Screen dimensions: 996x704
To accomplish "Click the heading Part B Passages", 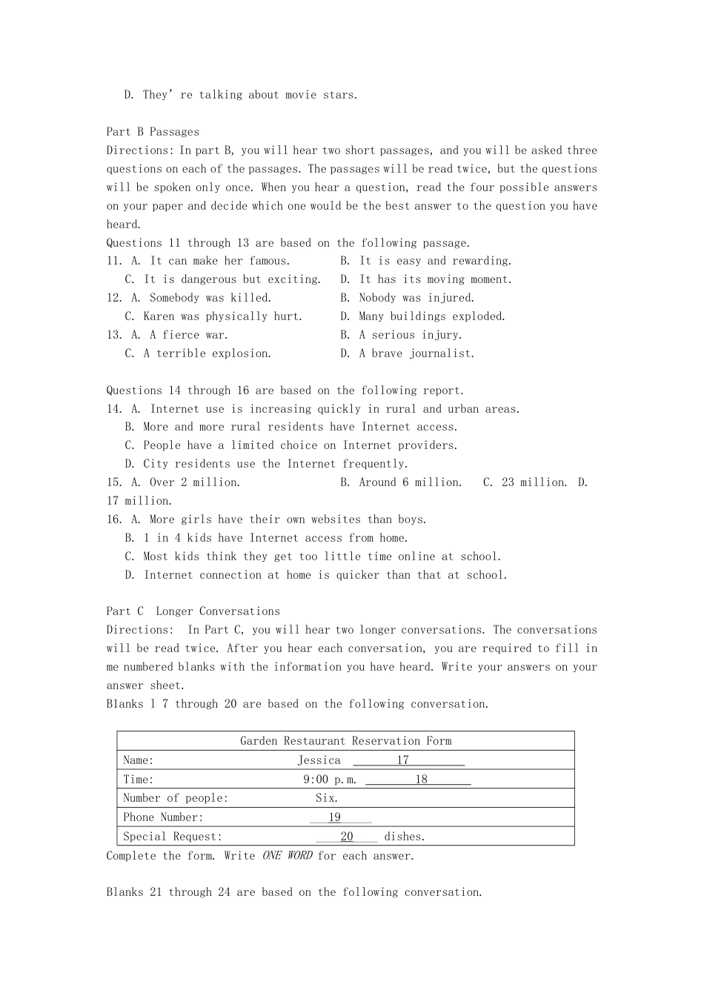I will click(x=153, y=132).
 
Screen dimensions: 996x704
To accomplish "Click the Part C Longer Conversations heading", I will click(x=193, y=611).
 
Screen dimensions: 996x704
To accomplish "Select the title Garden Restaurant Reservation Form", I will click(x=345, y=741).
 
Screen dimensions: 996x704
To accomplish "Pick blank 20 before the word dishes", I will click(x=346, y=837).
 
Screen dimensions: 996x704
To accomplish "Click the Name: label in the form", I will click(x=139, y=760).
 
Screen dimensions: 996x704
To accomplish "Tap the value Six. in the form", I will click(x=327, y=798).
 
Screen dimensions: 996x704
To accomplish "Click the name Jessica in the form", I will click(x=319, y=760).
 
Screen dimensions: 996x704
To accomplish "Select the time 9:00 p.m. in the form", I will click(x=330, y=780).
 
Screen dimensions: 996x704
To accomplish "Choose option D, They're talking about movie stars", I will click(x=241, y=95).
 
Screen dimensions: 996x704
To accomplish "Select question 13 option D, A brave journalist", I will click(x=407, y=353).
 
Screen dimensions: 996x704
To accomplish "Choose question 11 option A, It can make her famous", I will click(x=210, y=261).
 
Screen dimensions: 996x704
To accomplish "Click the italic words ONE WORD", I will click(x=287, y=856).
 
